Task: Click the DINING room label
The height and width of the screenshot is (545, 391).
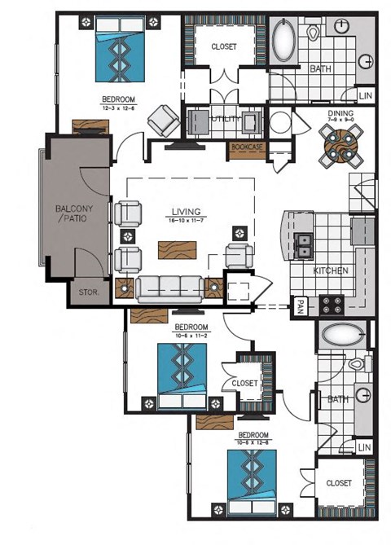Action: coord(338,114)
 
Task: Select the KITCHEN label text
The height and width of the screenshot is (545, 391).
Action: coord(331,270)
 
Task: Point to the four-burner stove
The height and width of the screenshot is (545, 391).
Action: coord(332,305)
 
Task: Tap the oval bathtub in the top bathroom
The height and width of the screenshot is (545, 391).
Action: coord(286,41)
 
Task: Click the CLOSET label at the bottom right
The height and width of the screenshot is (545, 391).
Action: coord(338,483)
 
